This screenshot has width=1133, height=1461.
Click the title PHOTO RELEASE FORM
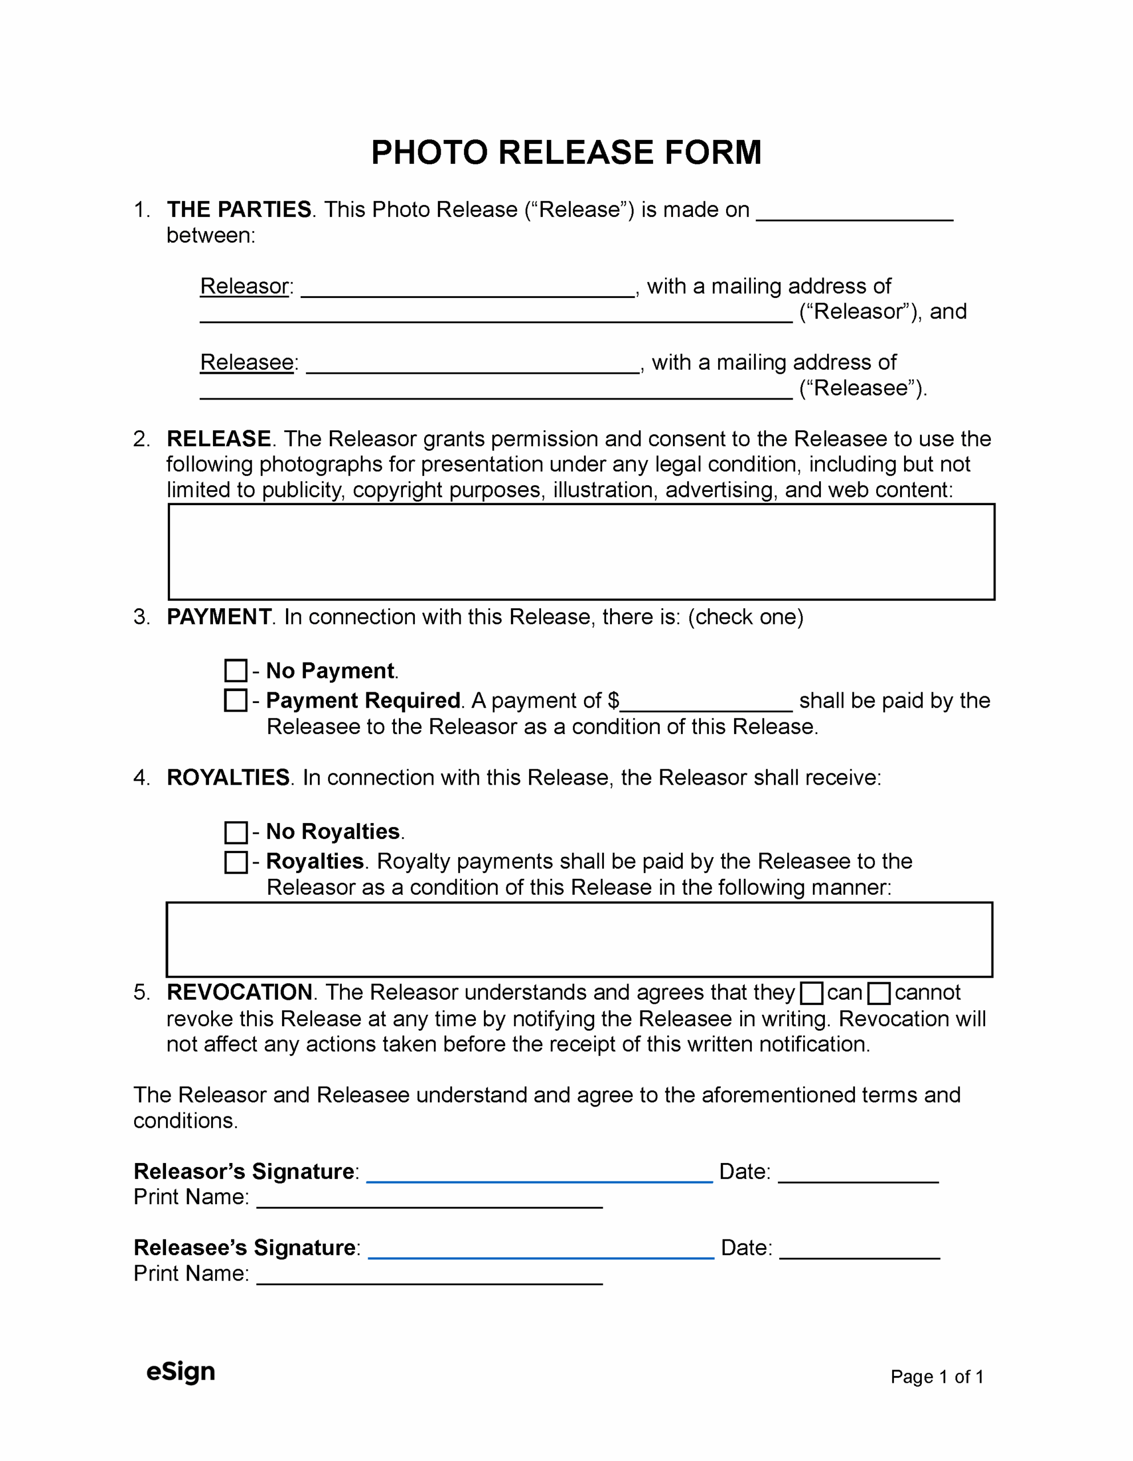(x=566, y=152)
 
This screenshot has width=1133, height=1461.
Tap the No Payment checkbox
(x=236, y=671)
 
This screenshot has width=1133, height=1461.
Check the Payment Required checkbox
(x=236, y=700)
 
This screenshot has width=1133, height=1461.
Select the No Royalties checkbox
(x=236, y=832)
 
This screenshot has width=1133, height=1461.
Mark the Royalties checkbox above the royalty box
(x=236, y=862)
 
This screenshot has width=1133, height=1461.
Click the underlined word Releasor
(x=244, y=286)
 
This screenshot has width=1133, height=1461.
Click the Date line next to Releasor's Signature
(x=858, y=1176)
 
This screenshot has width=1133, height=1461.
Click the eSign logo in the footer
(x=181, y=1371)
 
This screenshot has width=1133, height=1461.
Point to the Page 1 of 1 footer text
(x=936, y=1377)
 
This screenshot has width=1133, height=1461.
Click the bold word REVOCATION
(x=240, y=992)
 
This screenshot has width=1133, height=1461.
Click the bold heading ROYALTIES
(x=228, y=777)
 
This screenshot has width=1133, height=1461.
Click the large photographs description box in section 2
(x=581, y=552)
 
